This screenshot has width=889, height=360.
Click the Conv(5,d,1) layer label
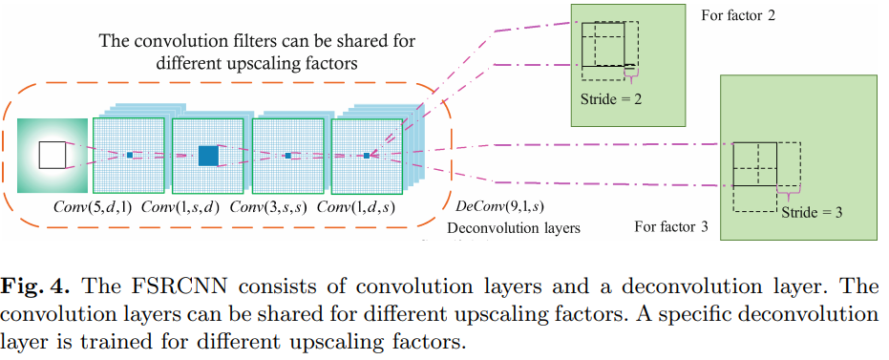[95, 207]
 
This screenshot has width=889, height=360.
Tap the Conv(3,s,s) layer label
[271, 207]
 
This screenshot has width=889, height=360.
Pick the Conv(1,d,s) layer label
[358, 207]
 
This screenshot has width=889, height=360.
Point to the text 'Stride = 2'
[613, 97]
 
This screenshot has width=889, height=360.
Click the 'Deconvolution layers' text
[514, 228]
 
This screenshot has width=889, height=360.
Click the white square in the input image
[52, 154]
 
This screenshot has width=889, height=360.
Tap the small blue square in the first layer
[129, 154]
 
